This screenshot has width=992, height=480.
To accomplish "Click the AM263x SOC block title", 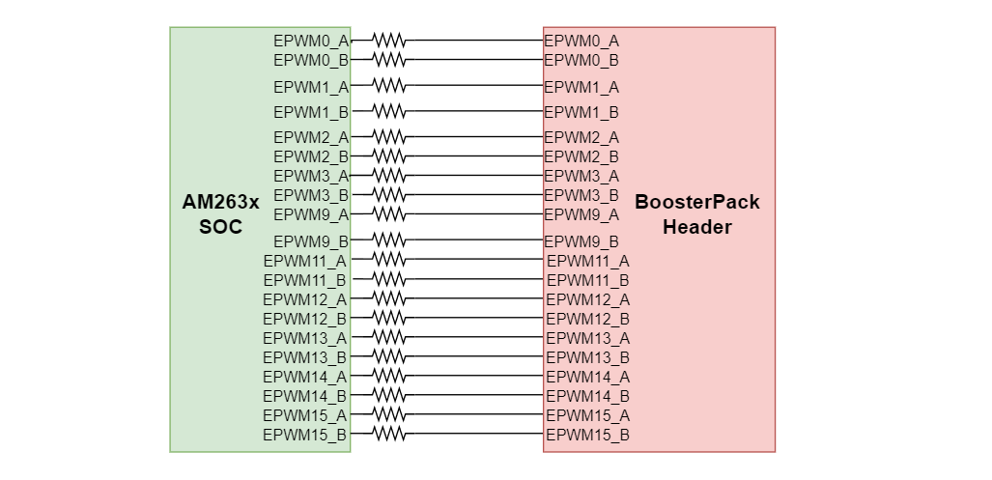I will [221, 214].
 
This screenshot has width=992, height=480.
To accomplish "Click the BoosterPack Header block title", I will [696, 214].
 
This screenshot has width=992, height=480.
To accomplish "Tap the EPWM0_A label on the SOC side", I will [311, 41].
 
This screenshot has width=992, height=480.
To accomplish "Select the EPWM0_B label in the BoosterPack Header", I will [581, 60].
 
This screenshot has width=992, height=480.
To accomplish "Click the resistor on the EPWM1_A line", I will [389, 86].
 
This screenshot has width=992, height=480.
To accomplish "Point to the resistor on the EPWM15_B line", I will [389, 435].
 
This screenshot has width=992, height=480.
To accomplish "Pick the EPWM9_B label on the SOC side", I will [311, 240].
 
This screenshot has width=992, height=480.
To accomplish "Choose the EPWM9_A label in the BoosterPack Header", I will [581, 213].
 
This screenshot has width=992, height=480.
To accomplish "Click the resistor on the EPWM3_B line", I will [389, 194].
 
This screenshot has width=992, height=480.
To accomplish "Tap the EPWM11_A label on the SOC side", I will [305, 260].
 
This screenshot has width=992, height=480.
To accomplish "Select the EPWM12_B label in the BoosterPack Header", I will [587, 318].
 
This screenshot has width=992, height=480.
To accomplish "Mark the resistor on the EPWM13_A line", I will [389, 337].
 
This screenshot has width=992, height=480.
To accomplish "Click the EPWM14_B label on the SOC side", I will [305, 395].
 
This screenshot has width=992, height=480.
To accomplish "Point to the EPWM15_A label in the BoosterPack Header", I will [587, 414].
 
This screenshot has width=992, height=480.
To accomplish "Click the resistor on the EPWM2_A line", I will [389, 136].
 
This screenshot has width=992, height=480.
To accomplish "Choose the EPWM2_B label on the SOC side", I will [311, 155].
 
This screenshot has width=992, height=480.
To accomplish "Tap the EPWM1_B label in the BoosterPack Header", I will [581, 112].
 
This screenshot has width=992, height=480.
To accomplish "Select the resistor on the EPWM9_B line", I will [389, 240].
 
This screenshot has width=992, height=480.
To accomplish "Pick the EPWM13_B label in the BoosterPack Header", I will [587, 356].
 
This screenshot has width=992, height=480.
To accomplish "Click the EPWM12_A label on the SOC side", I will [305, 298].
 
